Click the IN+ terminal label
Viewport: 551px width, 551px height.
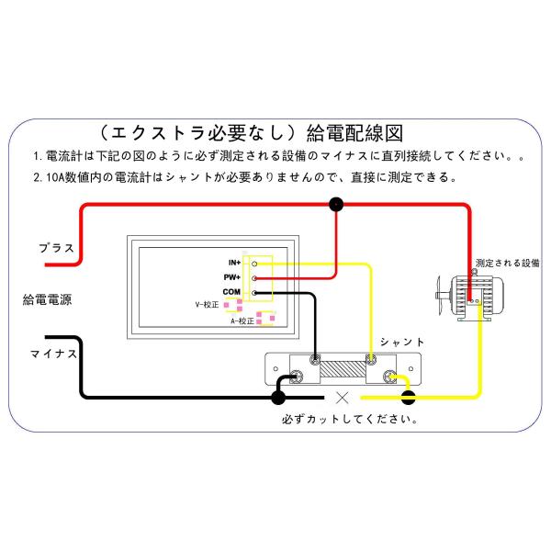point(233,264)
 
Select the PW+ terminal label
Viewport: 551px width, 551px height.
point(232,277)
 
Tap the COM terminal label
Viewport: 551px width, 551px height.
point(231,291)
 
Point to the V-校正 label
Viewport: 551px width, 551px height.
point(209,303)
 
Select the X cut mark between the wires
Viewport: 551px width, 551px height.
point(342,398)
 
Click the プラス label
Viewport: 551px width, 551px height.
point(56,248)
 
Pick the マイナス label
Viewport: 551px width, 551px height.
point(53,352)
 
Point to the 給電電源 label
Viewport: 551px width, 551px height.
point(49,299)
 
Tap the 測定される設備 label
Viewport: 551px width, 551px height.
point(508,264)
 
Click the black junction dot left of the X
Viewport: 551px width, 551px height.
point(278,398)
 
